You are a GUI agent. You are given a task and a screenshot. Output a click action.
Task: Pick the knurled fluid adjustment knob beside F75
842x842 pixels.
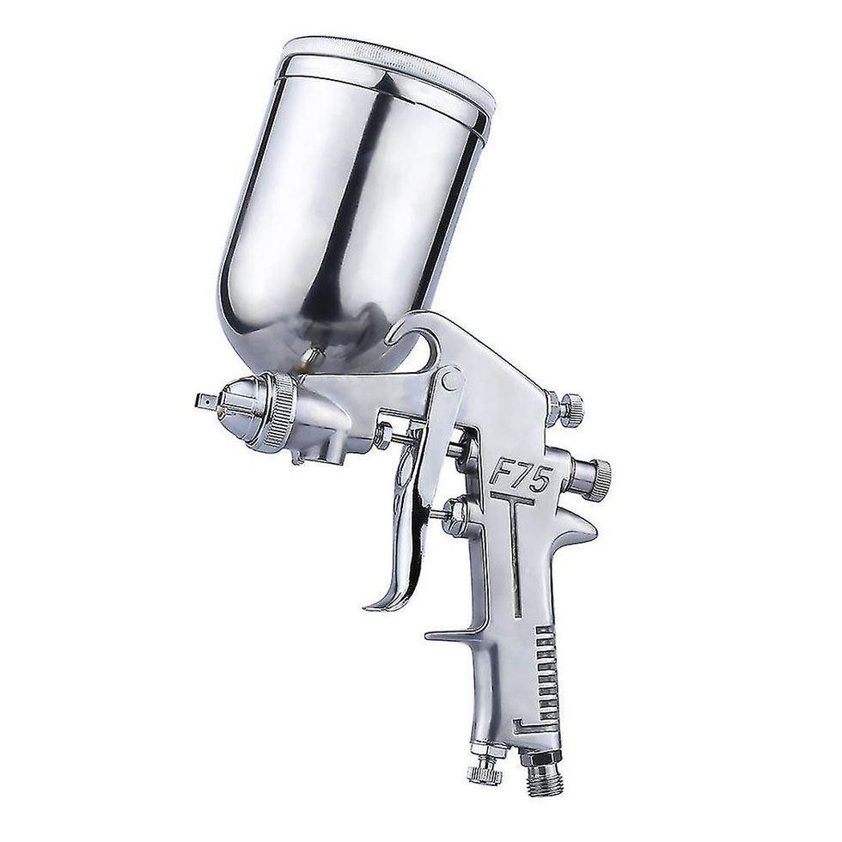(596, 474)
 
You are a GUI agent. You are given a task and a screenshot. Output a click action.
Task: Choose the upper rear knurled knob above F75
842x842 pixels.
(569, 409)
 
